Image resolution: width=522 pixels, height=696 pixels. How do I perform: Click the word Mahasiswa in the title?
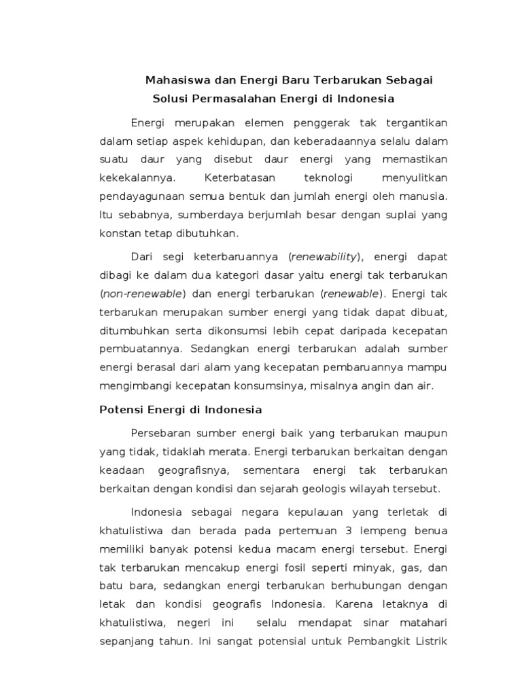(174, 80)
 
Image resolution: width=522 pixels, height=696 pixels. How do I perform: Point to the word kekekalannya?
(138, 178)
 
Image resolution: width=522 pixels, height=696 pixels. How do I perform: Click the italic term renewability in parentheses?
(324, 257)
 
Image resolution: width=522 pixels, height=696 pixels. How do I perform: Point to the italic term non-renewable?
(143, 294)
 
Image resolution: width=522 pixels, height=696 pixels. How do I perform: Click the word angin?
(392, 385)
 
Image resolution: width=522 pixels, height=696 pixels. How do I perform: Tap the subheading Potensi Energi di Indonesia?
(180, 410)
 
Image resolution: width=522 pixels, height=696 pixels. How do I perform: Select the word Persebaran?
(160, 434)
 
